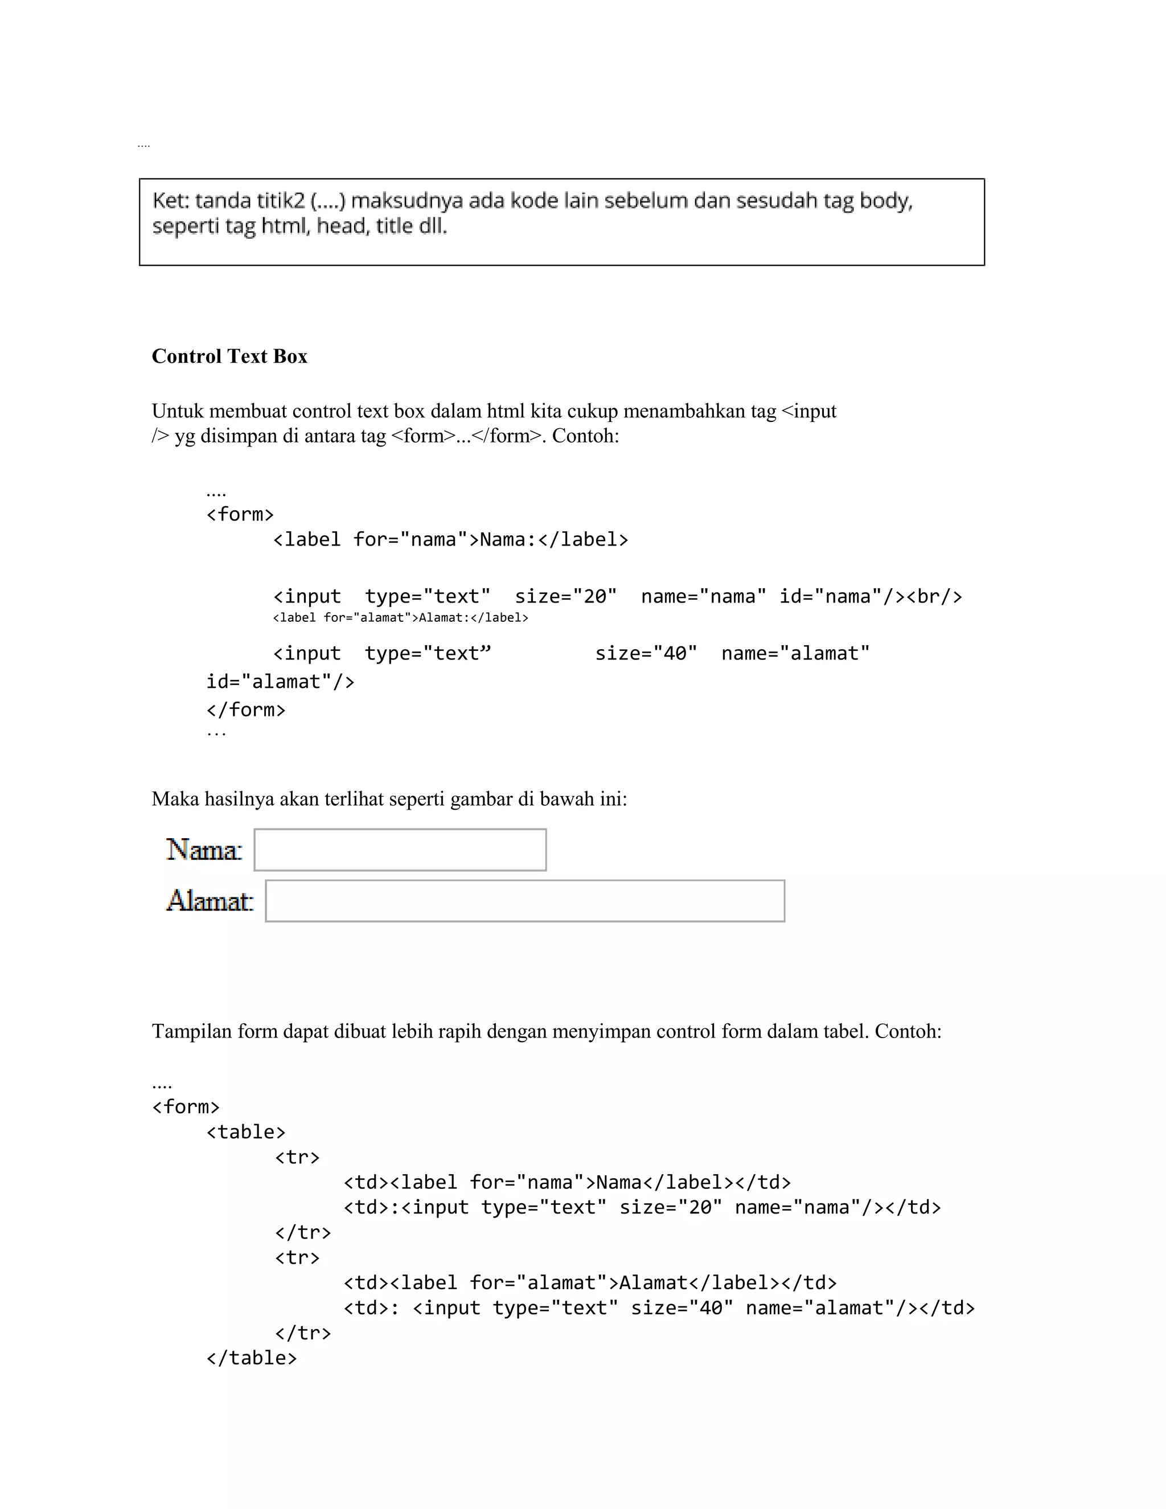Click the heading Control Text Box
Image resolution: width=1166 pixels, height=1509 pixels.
(x=229, y=356)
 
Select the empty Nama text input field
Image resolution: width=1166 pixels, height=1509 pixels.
(x=400, y=850)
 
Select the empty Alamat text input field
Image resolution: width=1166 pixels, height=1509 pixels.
(x=525, y=901)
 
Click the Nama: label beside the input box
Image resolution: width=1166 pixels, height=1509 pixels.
(x=204, y=850)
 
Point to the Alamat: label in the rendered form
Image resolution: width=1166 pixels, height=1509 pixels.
(x=210, y=901)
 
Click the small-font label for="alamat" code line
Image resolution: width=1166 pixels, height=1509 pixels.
(x=401, y=618)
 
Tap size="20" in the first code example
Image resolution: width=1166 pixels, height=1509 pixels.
(x=565, y=596)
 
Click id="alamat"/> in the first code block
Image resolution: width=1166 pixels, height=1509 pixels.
(x=280, y=682)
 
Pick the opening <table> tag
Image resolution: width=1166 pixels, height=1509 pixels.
(x=246, y=1132)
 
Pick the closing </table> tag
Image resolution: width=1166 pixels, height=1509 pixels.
(x=252, y=1358)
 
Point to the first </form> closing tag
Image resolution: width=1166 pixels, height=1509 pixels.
(x=245, y=710)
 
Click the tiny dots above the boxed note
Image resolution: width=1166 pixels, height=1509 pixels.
(x=143, y=146)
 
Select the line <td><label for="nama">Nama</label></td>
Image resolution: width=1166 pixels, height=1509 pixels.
(x=566, y=1182)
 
